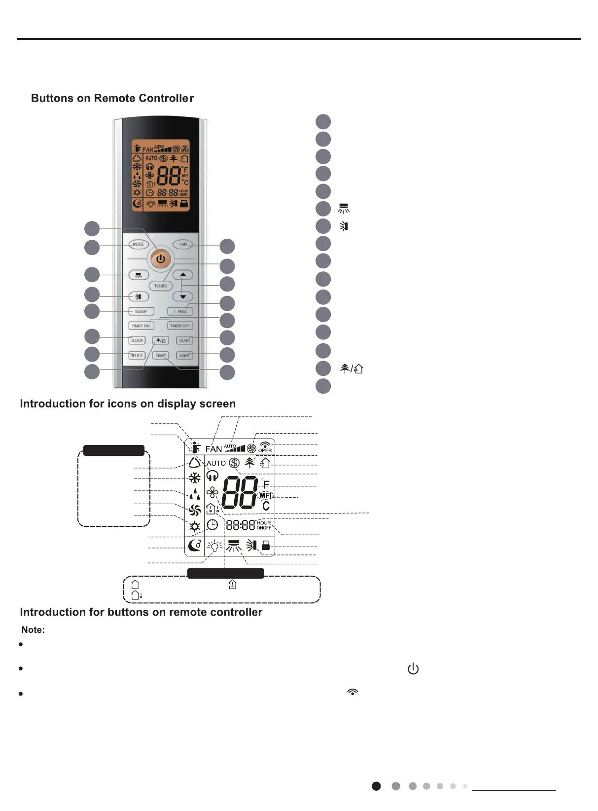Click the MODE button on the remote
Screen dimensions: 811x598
139,244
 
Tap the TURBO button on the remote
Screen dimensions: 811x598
161,286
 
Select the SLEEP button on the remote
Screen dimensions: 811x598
141,311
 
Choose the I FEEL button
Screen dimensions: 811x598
180,311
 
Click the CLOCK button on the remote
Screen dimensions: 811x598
137,340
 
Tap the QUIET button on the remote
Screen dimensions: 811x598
184,340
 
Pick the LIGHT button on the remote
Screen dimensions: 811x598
184,355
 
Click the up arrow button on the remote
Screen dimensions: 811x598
183,275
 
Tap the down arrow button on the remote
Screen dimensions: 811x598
183,297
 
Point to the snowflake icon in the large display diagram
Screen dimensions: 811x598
195,478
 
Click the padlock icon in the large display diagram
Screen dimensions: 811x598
266,545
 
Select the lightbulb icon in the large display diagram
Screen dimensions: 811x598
214,546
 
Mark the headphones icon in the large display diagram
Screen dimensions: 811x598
212,476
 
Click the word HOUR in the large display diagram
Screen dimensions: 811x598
264,523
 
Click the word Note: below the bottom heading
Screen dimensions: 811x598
33,630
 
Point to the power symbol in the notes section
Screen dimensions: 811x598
413,669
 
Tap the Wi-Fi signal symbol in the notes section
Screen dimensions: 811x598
352,692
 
